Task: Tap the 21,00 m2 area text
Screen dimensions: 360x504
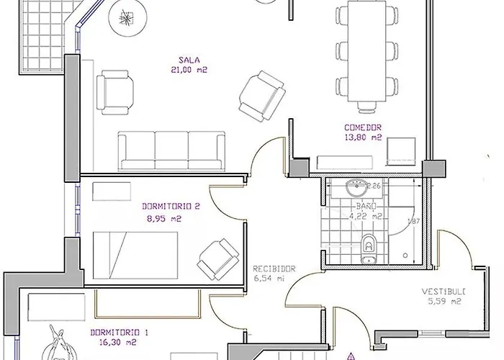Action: tap(189, 70)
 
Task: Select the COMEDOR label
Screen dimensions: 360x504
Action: tap(362, 127)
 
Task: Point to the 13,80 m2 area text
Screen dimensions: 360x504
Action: tap(362, 138)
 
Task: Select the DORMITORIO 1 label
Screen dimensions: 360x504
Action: tap(119, 333)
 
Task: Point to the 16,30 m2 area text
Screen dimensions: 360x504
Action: tap(119, 343)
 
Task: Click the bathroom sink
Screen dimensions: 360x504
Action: tap(355, 189)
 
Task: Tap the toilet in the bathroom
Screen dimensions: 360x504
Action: tap(369, 245)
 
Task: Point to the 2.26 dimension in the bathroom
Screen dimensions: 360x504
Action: tap(373, 186)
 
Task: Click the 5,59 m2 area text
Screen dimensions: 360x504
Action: tap(444, 302)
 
